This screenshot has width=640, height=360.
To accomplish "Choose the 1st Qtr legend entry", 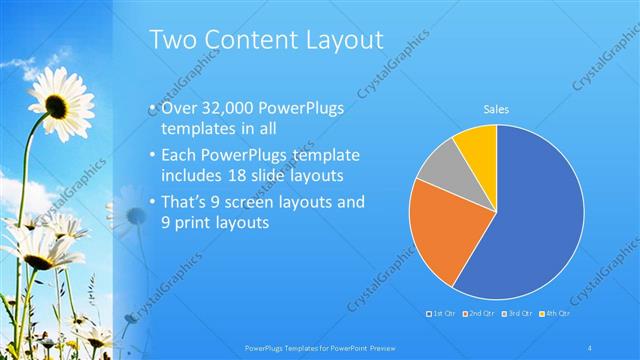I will pyautogui.click(x=443, y=313).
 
